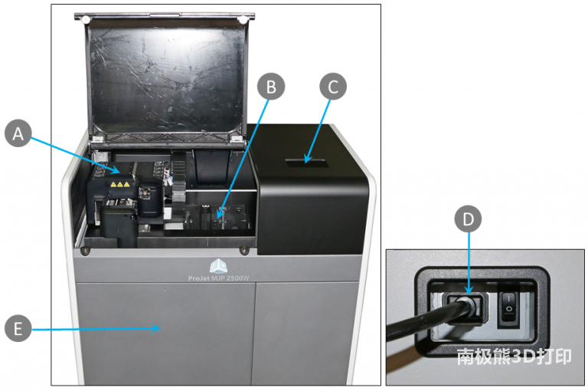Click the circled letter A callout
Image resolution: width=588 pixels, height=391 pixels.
tap(18, 133)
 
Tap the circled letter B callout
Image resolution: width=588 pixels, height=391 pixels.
tap(271, 87)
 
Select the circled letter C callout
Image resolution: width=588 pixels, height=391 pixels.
tap(332, 87)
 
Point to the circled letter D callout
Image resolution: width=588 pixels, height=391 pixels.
tap(468, 219)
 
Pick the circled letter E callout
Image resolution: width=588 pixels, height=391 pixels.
tap(18, 329)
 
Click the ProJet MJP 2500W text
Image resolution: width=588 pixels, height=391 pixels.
tap(219, 278)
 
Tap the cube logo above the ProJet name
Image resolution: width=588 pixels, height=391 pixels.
tap(218, 266)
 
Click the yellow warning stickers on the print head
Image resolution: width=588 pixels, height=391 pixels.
tap(120, 185)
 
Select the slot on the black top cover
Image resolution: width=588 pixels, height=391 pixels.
tap(305, 163)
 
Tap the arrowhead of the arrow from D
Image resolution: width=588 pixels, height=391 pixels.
tap(469, 292)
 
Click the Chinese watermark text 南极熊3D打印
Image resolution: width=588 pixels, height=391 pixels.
tap(514, 356)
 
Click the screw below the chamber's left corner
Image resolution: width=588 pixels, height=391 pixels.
tap(86, 251)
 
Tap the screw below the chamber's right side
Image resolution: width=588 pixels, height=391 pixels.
tap(244, 250)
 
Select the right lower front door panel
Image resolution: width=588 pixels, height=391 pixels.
tap(305, 333)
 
